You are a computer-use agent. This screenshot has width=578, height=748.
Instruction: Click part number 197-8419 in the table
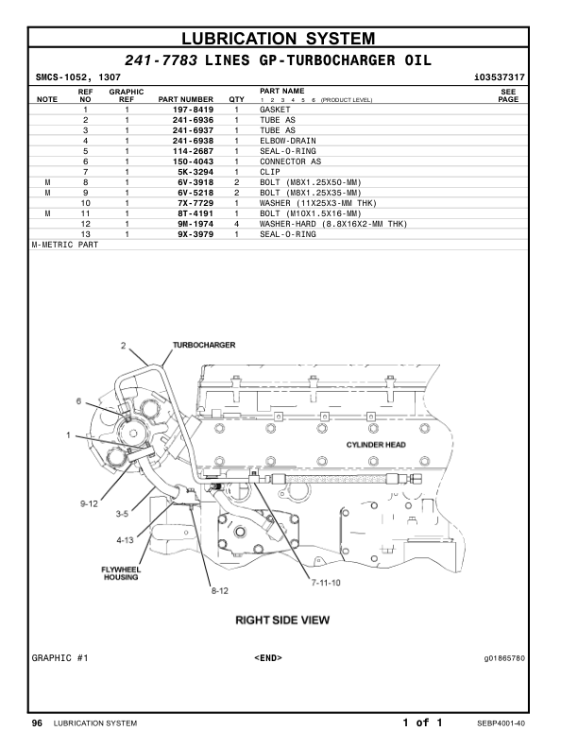pyautogui.click(x=193, y=110)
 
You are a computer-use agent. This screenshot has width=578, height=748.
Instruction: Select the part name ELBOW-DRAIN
pyautogui.click(x=287, y=141)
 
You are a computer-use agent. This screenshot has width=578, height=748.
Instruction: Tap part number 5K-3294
pyautogui.click(x=195, y=172)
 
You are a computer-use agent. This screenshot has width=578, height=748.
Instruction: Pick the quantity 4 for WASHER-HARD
pyautogui.click(x=236, y=224)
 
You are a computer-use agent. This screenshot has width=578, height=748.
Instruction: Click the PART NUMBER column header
pyautogui.click(x=185, y=99)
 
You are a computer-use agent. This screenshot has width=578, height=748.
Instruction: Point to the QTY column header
pyautogui.click(x=236, y=99)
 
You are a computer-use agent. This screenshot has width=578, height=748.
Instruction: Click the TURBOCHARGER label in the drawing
pyautogui.click(x=204, y=345)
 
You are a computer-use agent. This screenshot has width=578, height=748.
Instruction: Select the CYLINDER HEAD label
pyautogui.click(x=376, y=445)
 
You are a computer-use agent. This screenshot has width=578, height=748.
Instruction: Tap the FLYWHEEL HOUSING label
pyautogui.click(x=121, y=573)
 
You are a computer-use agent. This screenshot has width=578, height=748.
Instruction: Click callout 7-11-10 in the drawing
pyautogui.click(x=326, y=583)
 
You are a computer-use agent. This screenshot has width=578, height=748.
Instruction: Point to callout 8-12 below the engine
pyautogui.click(x=220, y=590)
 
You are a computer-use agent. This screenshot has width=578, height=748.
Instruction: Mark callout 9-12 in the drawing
pyautogui.click(x=89, y=503)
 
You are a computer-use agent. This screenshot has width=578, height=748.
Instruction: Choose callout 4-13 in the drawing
pyautogui.click(x=125, y=540)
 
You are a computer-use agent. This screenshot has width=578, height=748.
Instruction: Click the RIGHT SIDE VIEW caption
pyautogui.click(x=282, y=620)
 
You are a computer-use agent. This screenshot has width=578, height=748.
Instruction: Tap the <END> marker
pyautogui.click(x=268, y=658)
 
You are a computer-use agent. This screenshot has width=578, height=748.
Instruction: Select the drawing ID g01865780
pyautogui.click(x=504, y=658)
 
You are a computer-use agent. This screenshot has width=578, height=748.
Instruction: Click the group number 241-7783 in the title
pyautogui.click(x=161, y=60)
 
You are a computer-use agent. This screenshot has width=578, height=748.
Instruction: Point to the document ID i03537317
pyautogui.click(x=500, y=77)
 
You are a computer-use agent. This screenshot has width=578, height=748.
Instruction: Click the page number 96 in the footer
pyautogui.click(x=37, y=723)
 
